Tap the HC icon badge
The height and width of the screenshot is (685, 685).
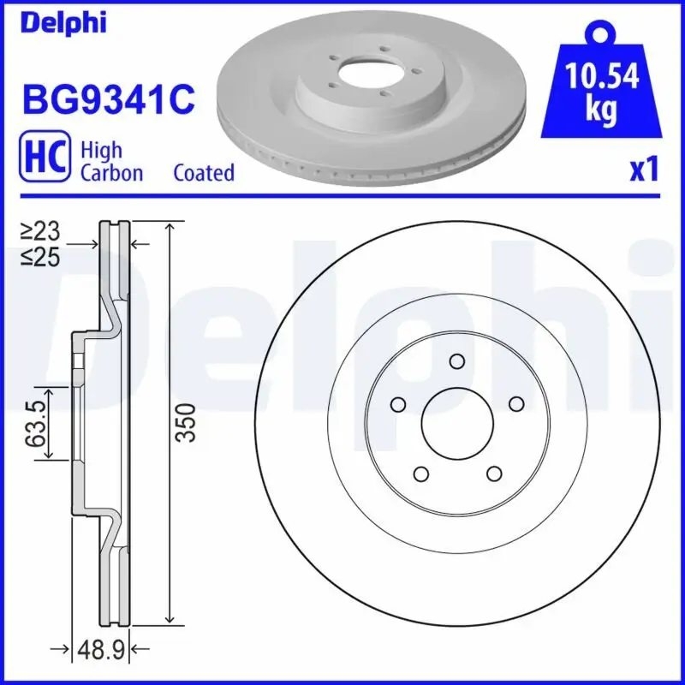tap(44, 160)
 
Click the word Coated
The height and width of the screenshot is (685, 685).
tap(204, 173)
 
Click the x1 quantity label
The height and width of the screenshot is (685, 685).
tap(643, 171)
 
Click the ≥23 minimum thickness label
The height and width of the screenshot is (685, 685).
tap(39, 230)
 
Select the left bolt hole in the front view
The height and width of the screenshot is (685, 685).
tap(397, 403)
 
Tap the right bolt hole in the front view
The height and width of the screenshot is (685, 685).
tap(515, 403)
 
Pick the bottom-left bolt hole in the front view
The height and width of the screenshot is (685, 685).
tap(420, 473)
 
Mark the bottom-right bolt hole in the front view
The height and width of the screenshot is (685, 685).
tap(493, 473)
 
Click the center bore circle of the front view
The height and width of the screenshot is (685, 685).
tap(456, 422)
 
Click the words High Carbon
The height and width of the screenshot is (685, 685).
tap(111, 161)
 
